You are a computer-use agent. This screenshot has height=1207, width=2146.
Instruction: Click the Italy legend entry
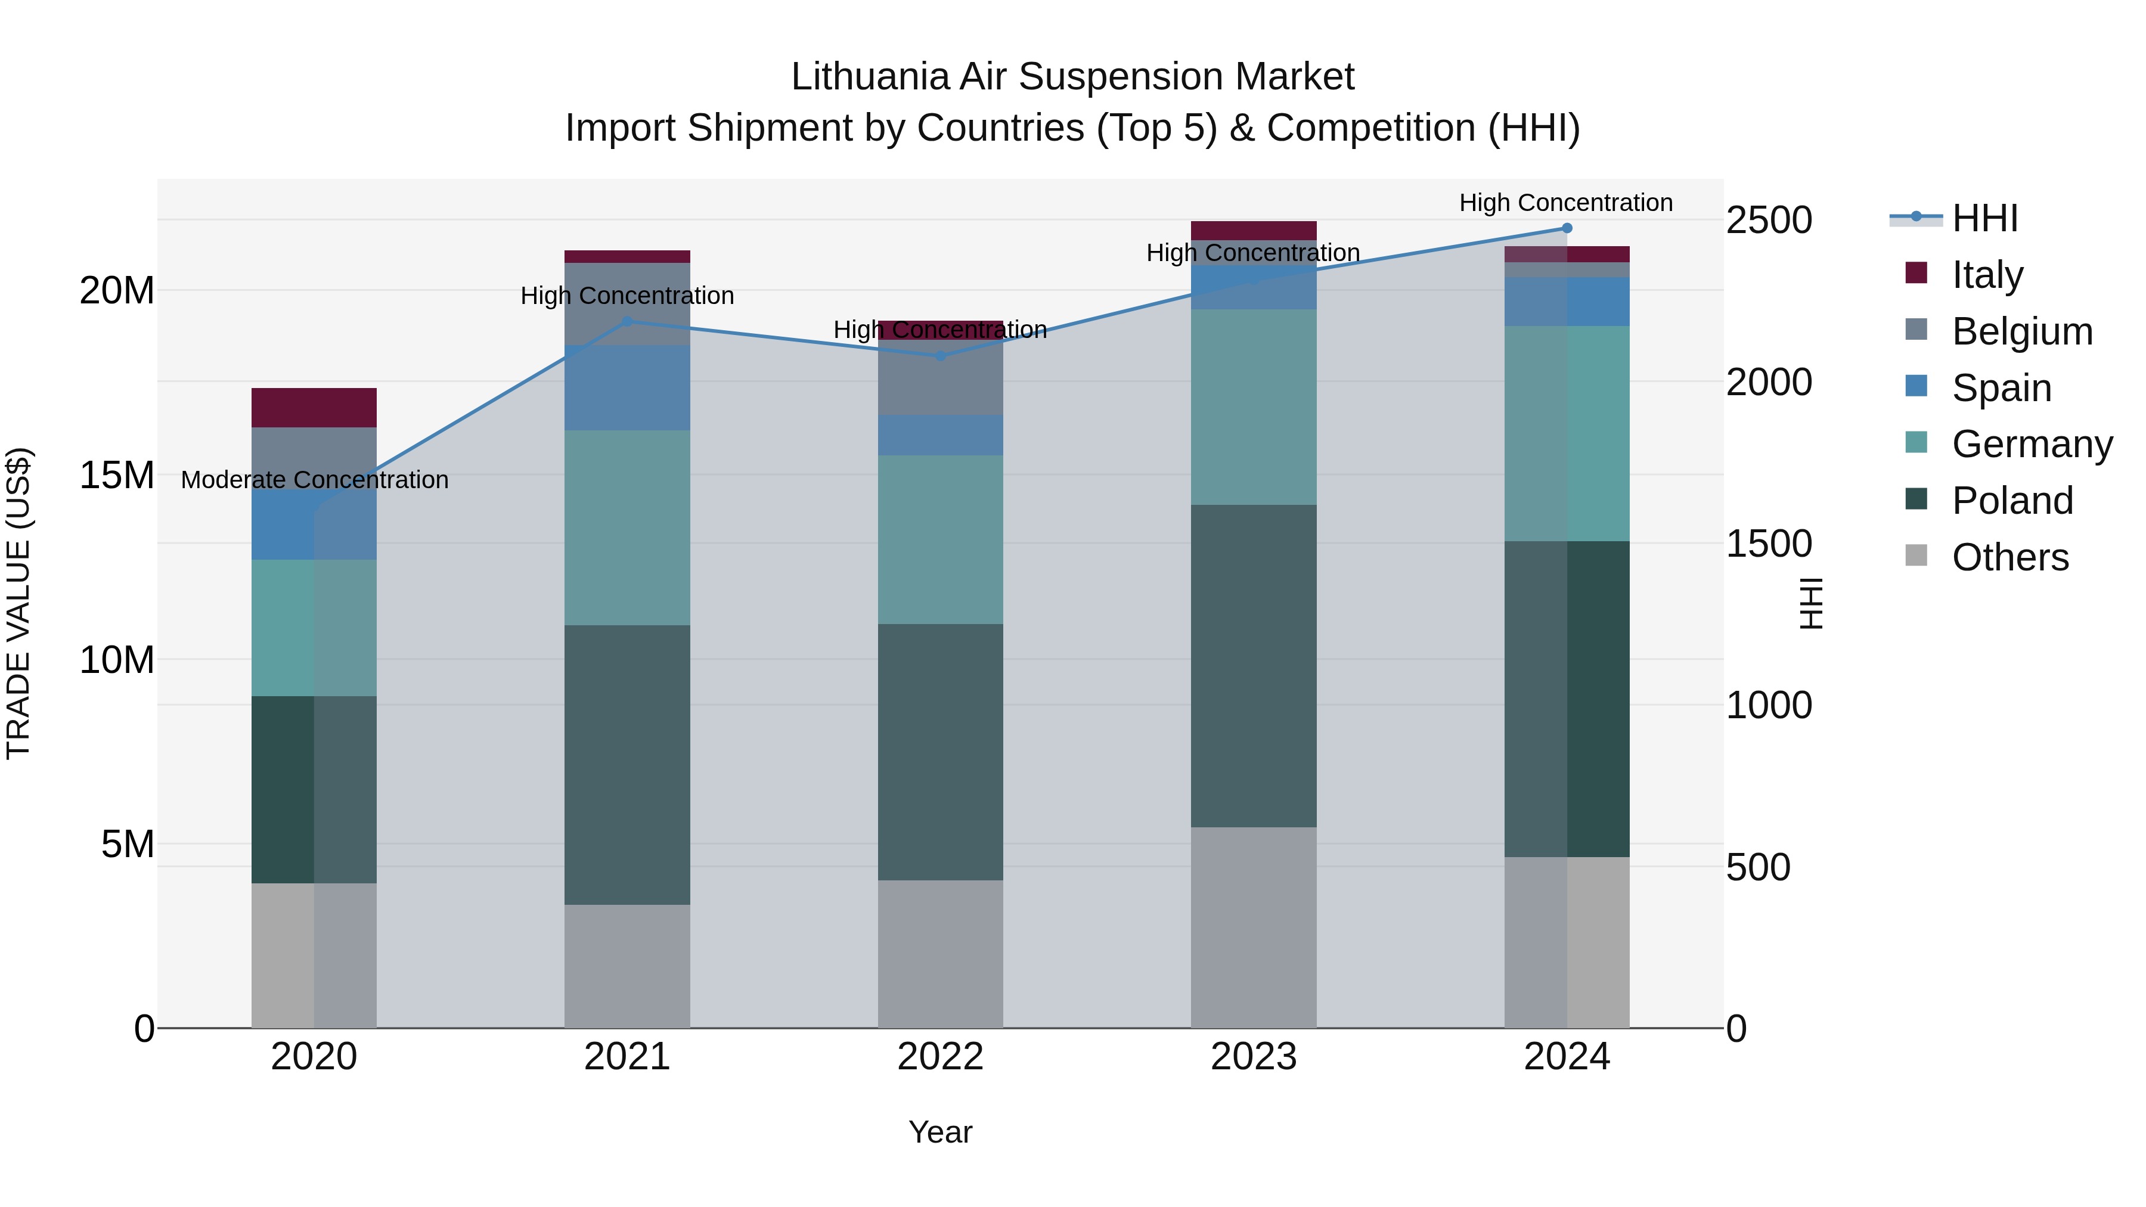[1986, 275]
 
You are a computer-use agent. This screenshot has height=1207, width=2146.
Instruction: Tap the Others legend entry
[2009, 557]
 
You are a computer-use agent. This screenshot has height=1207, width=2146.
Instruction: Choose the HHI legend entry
[1984, 218]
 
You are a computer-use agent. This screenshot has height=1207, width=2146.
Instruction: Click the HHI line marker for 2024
[1566, 228]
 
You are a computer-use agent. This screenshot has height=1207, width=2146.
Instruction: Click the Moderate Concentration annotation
[314, 480]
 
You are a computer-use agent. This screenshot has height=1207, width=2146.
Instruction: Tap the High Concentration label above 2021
[627, 296]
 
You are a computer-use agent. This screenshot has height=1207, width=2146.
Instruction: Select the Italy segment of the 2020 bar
[314, 407]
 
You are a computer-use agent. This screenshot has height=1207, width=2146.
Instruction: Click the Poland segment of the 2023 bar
[1253, 666]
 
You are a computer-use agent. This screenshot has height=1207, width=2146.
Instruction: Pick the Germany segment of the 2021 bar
[627, 528]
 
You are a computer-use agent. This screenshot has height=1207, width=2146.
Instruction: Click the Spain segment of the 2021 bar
[627, 387]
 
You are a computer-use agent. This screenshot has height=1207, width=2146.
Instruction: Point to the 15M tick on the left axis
[117, 476]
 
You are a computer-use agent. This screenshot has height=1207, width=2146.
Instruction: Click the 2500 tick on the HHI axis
[1768, 221]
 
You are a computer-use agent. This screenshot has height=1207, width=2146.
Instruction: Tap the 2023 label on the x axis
[1253, 1057]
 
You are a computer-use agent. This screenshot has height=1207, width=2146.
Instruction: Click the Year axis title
[939, 1132]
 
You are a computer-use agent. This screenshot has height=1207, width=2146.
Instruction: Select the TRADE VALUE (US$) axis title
[18, 603]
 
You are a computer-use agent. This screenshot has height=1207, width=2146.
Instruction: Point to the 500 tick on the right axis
[1758, 867]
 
